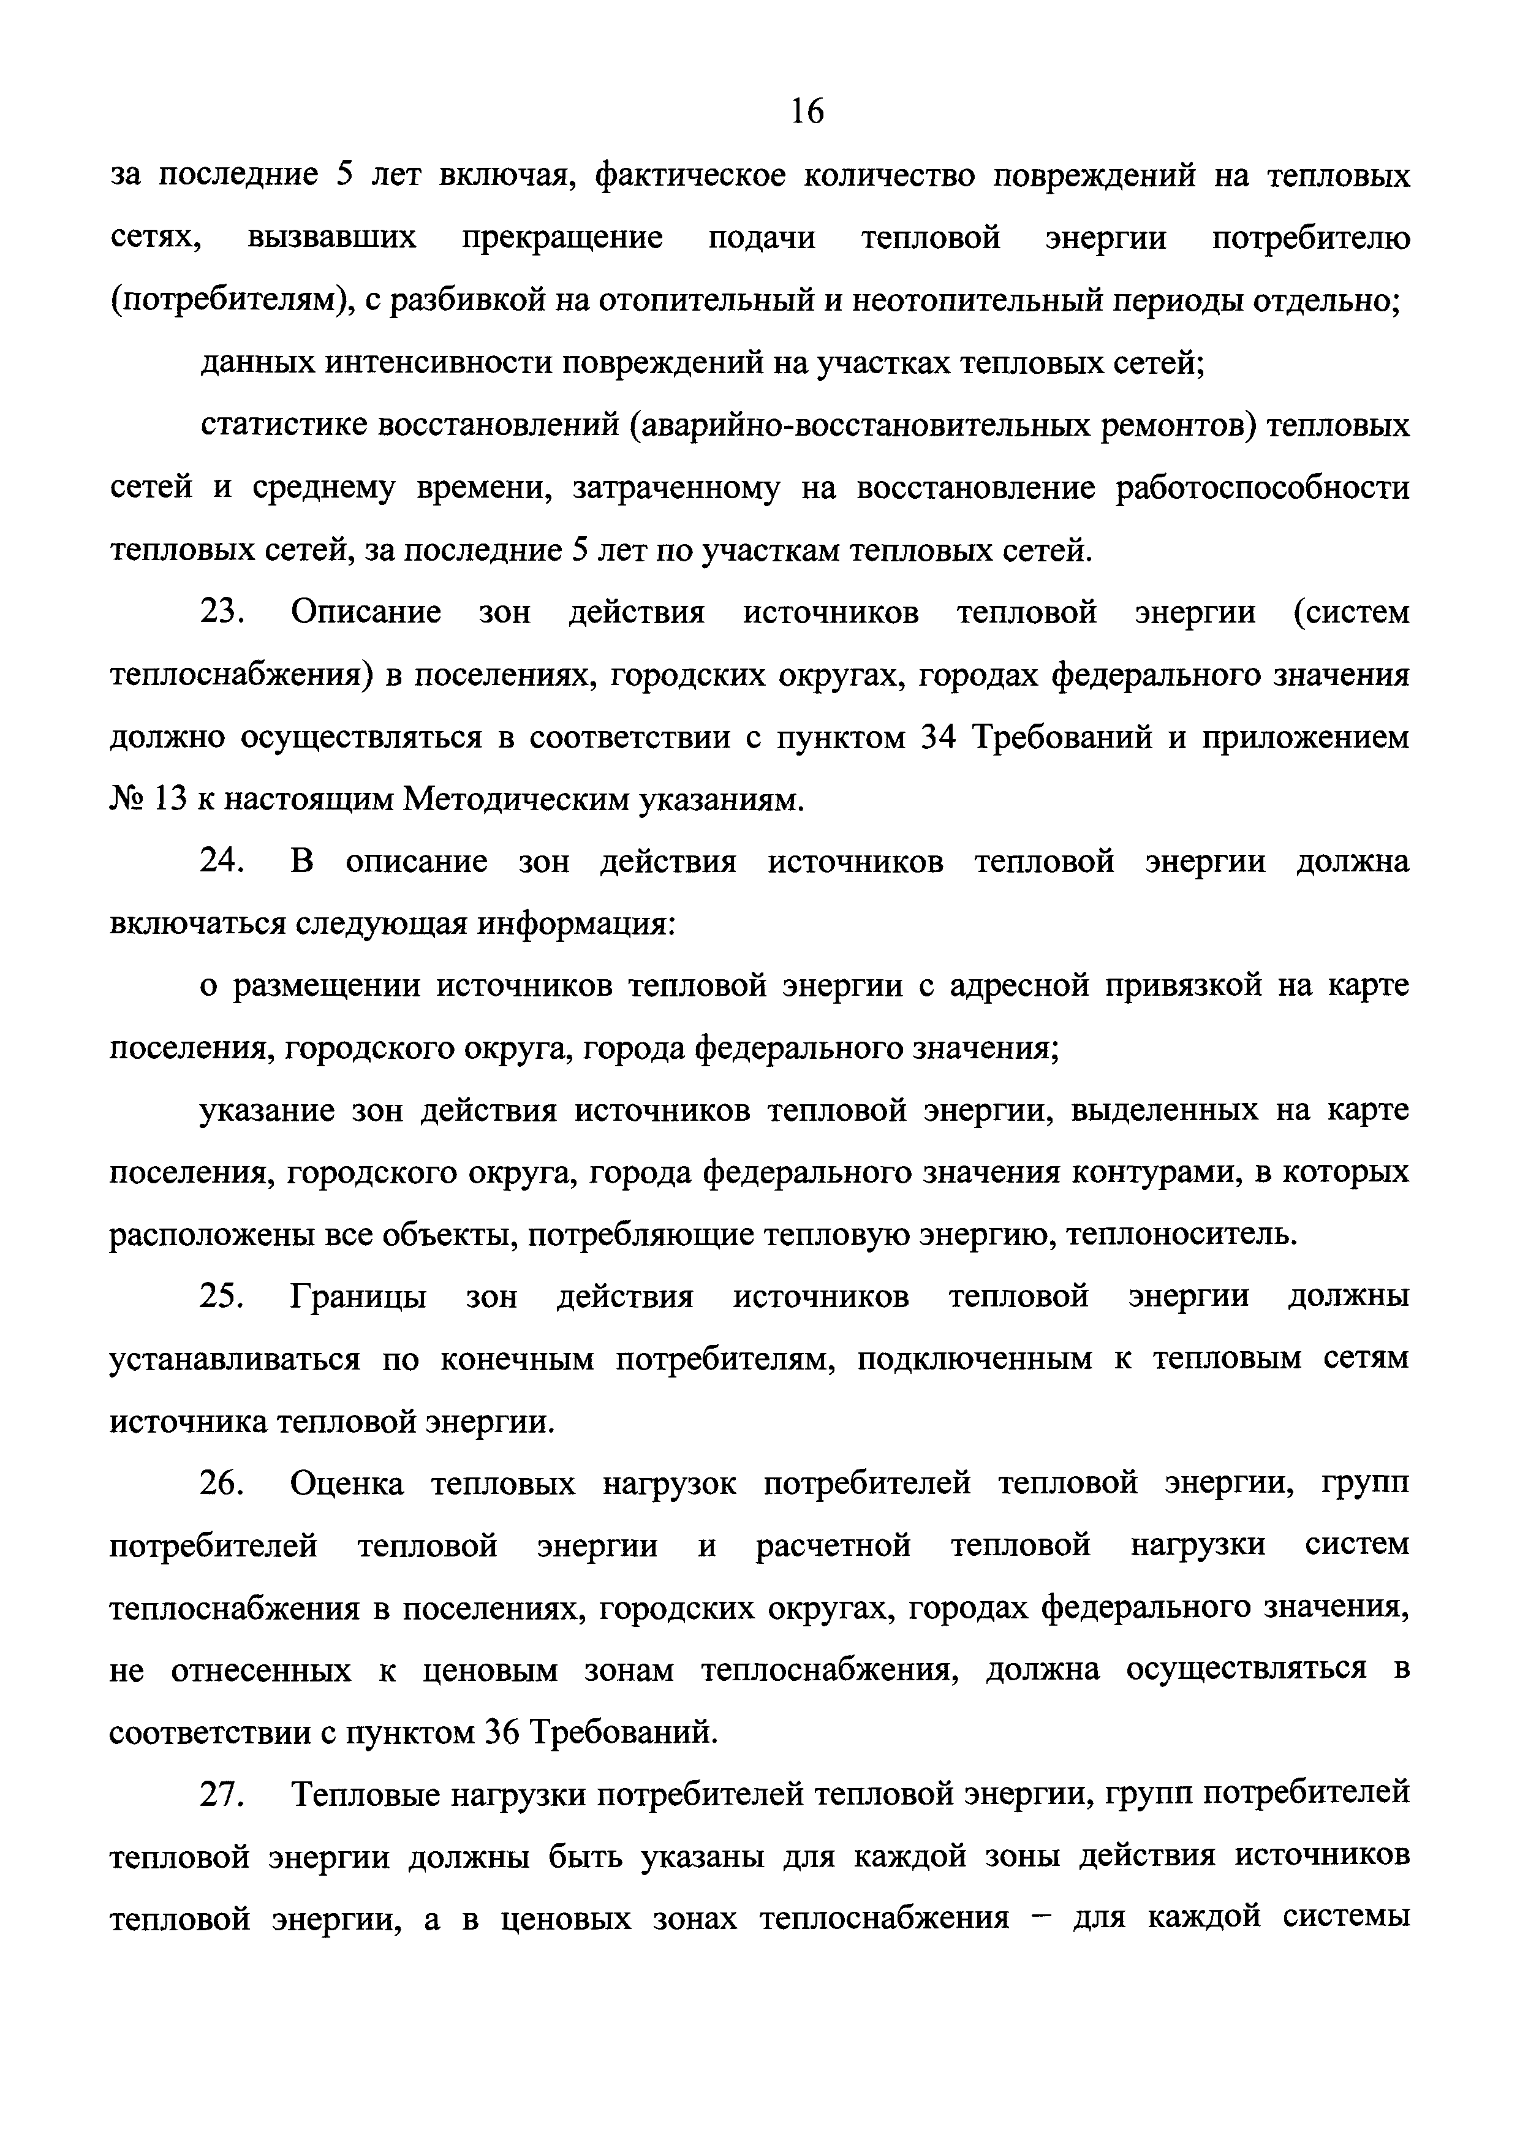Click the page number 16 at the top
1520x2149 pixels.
coord(807,112)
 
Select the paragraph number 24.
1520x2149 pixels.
coord(221,862)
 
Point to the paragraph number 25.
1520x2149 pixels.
coord(221,1298)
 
